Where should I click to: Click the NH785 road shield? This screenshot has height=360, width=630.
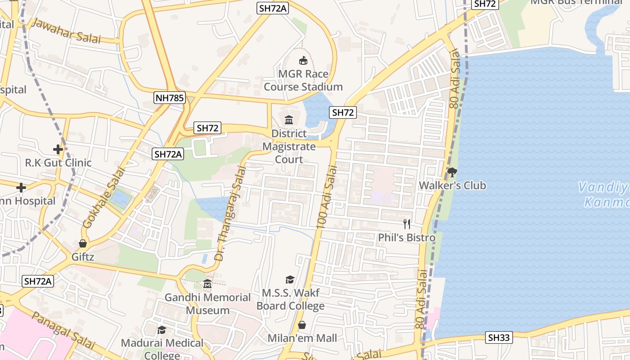[x=170, y=98]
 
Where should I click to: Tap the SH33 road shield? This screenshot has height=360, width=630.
[x=499, y=337]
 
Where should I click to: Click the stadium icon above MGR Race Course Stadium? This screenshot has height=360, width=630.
[x=303, y=60]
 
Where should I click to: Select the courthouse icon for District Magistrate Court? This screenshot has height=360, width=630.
[x=289, y=120]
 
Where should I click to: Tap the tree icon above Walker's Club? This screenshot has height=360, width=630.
[x=452, y=172]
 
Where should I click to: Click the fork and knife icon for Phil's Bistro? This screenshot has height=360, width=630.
[x=407, y=224]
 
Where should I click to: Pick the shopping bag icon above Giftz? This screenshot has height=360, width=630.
[x=83, y=243]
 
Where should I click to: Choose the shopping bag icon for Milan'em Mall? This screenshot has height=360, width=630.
[x=302, y=324]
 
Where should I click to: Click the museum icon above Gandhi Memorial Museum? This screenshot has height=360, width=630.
[x=207, y=284]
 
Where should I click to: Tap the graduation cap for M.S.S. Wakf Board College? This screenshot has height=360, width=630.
[x=290, y=279]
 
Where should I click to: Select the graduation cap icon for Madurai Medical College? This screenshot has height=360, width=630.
[x=162, y=330]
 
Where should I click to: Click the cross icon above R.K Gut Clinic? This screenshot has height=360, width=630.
[x=58, y=149]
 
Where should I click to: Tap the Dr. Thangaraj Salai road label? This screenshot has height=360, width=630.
[x=230, y=213]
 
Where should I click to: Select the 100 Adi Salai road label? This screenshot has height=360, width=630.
[x=327, y=197]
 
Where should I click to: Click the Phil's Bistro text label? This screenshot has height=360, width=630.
[x=407, y=238]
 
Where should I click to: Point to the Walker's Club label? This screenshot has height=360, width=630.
[x=452, y=185]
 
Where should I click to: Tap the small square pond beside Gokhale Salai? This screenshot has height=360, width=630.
[x=119, y=198]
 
